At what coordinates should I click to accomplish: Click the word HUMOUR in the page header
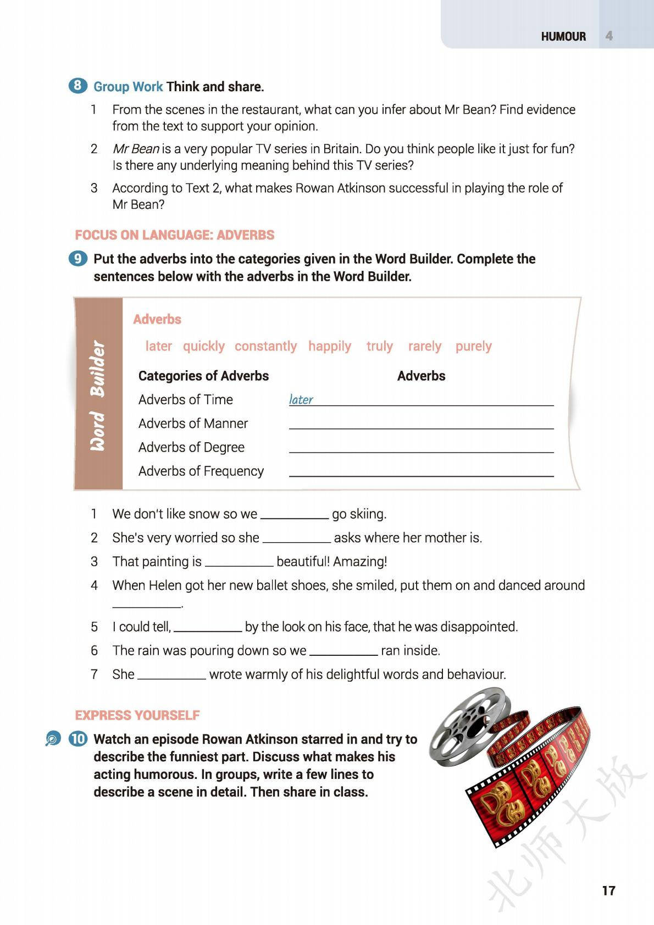[x=563, y=36]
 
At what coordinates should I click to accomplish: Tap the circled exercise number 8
[x=77, y=86]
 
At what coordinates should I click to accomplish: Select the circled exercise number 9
[x=78, y=258]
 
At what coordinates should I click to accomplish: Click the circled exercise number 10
[x=78, y=739]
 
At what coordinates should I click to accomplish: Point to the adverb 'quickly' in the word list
[x=203, y=346]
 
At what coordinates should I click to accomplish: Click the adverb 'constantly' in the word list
[x=265, y=346]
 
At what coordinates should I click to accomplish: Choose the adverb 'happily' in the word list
[x=329, y=346]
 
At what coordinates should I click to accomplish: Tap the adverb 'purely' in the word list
[x=473, y=346]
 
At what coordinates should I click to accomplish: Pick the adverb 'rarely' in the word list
[x=424, y=346]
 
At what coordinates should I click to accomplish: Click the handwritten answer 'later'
[x=301, y=399]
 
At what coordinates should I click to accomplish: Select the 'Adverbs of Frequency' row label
[x=201, y=471]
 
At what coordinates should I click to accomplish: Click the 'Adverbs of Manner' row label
[x=193, y=424]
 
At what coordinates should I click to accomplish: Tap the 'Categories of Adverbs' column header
[x=203, y=376]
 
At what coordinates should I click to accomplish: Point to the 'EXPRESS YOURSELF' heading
[x=137, y=715]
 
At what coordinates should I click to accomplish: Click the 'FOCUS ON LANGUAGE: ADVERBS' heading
[x=174, y=235]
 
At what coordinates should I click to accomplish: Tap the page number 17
[x=608, y=890]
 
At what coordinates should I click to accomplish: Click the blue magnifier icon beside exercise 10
[x=53, y=739]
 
